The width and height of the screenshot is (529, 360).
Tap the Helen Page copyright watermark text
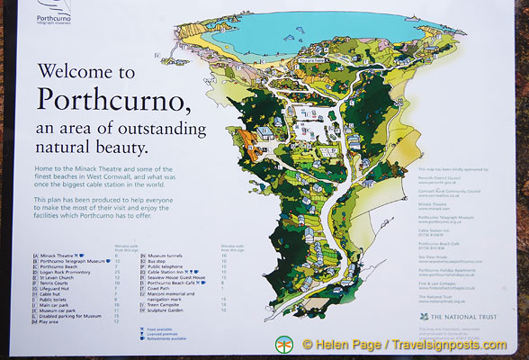pos(410,344)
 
